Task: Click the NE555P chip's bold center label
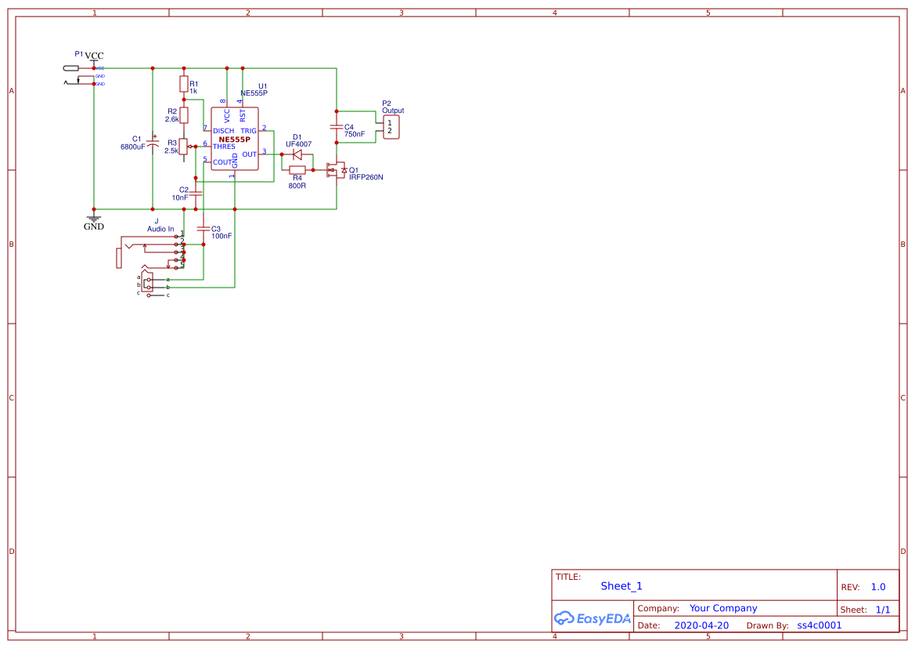(235, 139)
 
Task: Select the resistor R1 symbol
(184, 84)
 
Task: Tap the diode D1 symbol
(297, 154)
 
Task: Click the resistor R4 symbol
(297, 170)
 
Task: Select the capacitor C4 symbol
(337, 127)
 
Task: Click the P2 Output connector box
(391, 126)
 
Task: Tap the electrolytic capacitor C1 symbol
(153, 142)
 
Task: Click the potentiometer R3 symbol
(184, 146)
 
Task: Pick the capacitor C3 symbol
(204, 229)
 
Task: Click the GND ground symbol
(94, 220)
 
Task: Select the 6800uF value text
(133, 147)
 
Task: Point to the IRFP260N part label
(366, 178)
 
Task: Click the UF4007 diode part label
(298, 144)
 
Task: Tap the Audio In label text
(160, 229)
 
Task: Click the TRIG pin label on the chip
(248, 131)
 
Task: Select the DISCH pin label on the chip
(224, 131)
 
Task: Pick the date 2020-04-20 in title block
(701, 625)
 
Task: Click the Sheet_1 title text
(621, 586)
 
